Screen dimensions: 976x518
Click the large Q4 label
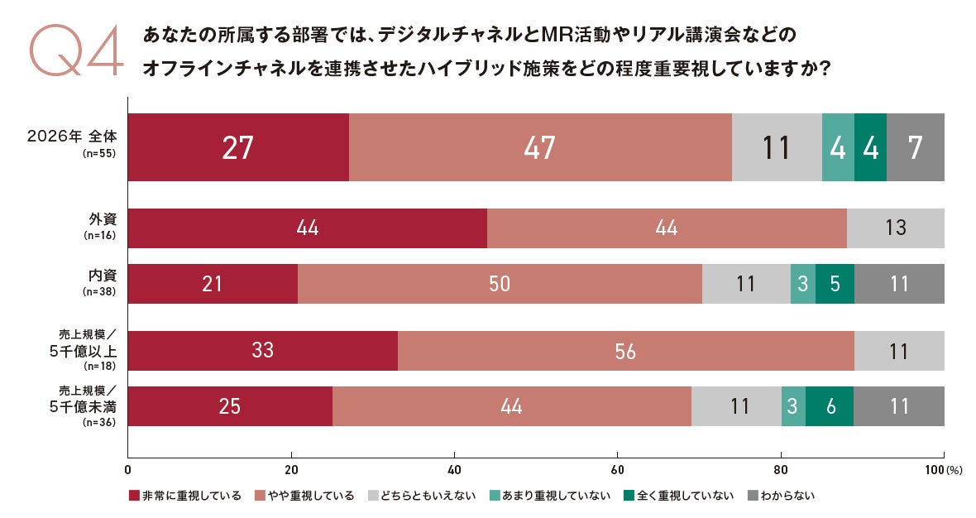pos(77,50)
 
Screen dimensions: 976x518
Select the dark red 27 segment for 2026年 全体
pos(238,147)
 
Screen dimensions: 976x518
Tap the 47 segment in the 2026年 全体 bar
pos(540,147)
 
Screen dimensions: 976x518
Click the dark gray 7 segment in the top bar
pos(916,147)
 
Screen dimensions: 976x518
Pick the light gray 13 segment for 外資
pos(896,228)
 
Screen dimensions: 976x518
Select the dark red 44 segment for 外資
pos(308,228)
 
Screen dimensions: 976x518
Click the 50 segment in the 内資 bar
pos(500,284)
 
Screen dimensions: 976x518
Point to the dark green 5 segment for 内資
pos(835,284)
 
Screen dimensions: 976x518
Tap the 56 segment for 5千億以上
pos(626,351)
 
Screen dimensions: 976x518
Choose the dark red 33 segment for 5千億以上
pos(263,351)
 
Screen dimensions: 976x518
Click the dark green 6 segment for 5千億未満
pos(830,406)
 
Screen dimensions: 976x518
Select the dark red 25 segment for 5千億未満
pos(230,406)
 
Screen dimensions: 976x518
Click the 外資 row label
pos(103,219)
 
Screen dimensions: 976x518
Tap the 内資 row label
pos(103,276)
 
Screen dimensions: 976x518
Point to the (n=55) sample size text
pos(99,153)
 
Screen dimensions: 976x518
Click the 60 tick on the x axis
pos(618,470)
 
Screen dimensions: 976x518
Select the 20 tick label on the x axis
pos(290,470)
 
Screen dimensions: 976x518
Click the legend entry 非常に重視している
pos(185,496)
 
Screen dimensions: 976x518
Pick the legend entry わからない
pos(781,496)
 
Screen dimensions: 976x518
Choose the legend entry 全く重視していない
pos(679,496)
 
